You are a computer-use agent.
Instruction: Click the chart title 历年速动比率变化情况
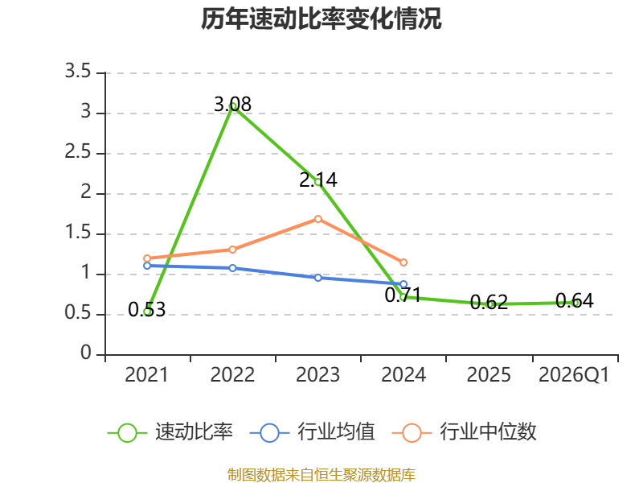click(321, 19)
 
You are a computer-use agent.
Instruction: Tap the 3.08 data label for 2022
click(232, 105)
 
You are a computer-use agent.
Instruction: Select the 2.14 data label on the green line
click(318, 180)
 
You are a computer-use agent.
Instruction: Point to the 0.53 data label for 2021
click(147, 310)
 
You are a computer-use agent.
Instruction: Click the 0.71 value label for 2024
click(403, 295)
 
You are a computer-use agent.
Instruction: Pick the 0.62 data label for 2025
click(489, 303)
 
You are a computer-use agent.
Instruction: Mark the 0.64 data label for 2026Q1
click(575, 301)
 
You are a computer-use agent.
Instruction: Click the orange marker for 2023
click(318, 219)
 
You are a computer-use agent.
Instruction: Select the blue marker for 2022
click(232, 268)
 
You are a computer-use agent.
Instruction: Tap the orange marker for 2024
click(403, 262)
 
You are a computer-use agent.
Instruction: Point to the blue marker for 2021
click(147, 266)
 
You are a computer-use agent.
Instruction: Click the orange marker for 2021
click(147, 258)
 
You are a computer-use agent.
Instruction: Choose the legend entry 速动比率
click(170, 432)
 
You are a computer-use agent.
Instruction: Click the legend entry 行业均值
click(312, 432)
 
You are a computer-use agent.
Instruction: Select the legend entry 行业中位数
click(465, 432)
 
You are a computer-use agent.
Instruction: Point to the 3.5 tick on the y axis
click(78, 72)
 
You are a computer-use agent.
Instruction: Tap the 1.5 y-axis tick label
click(78, 233)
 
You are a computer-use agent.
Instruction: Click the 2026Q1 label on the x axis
click(574, 375)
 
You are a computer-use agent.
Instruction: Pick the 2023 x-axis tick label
click(318, 375)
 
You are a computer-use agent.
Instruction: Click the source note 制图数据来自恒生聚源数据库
click(321, 475)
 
